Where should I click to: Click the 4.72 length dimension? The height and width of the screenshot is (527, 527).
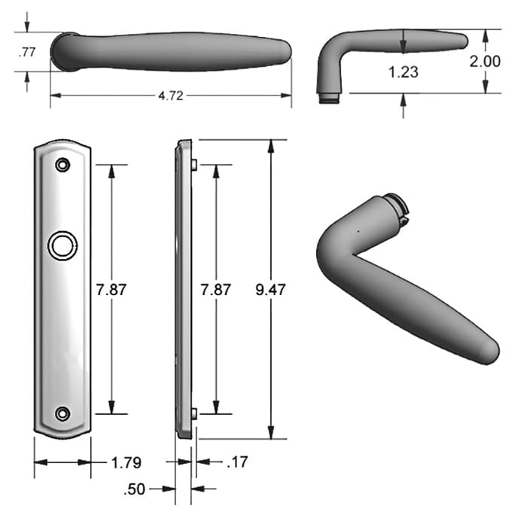(x=170, y=96)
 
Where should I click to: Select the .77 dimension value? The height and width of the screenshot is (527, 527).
(x=26, y=52)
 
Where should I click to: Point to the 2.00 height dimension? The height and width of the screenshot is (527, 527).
(x=485, y=61)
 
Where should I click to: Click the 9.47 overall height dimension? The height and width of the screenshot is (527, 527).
(x=271, y=289)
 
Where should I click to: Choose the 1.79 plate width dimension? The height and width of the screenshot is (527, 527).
(x=125, y=462)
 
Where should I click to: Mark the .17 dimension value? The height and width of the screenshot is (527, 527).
(x=236, y=462)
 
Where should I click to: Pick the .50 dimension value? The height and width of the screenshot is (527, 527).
(x=136, y=489)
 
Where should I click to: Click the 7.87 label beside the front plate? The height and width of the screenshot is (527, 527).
(x=113, y=289)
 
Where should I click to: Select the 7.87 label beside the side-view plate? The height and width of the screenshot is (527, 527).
(x=216, y=289)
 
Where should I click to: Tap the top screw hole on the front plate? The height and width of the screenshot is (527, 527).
(x=62, y=164)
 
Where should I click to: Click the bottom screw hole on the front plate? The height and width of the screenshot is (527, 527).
(x=62, y=413)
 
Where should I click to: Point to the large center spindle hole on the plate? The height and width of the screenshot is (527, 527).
(x=62, y=245)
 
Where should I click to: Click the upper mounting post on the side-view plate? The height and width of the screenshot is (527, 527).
(x=194, y=164)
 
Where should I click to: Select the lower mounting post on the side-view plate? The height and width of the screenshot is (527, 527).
(x=194, y=413)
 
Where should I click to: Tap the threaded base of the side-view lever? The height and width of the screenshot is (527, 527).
(x=328, y=97)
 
